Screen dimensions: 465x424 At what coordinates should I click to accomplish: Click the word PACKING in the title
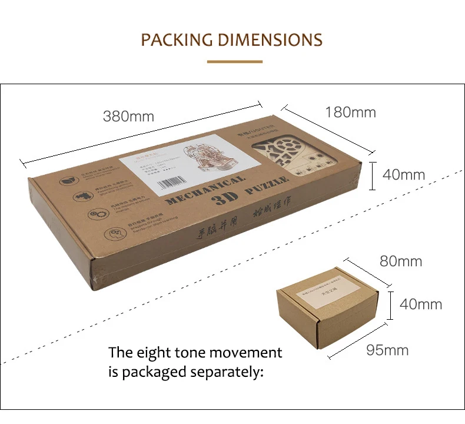click(177, 40)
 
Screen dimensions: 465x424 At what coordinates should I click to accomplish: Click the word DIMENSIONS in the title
click(270, 40)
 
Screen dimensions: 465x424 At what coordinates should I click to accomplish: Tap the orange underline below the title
click(234, 61)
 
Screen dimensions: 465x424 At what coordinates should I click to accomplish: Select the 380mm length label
click(128, 116)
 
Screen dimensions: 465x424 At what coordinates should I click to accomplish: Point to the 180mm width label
click(350, 112)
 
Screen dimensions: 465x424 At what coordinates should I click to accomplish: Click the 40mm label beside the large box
click(403, 175)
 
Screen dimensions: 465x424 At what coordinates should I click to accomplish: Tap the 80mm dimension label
click(401, 261)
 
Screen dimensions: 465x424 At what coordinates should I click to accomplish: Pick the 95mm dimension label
click(387, 350)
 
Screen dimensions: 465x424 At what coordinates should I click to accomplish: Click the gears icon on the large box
click(94, 215)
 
